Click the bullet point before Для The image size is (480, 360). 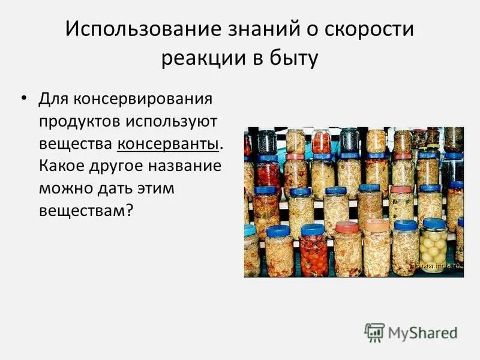25,97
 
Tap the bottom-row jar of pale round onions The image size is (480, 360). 433,247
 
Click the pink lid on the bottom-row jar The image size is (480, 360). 347,227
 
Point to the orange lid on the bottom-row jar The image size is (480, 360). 377,225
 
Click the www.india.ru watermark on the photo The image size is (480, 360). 439,265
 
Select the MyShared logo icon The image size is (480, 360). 374,332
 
